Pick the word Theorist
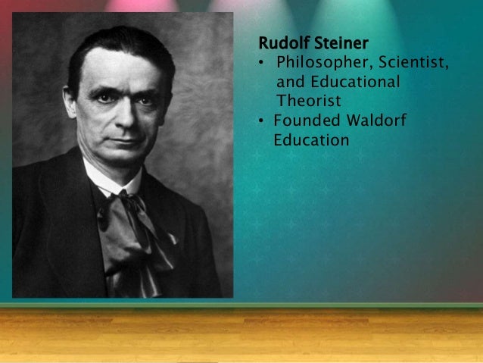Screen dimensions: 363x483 (x=309, y=100)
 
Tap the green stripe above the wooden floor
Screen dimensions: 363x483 (x=241, y=305)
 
